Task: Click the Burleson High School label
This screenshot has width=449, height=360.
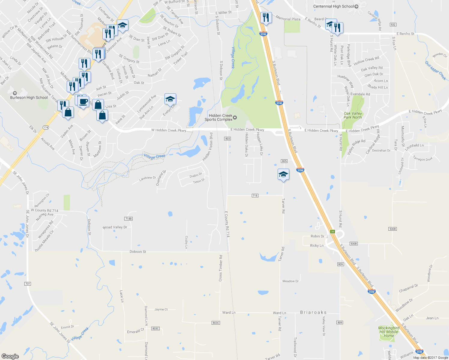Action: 29,97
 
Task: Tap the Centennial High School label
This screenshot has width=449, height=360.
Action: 333,6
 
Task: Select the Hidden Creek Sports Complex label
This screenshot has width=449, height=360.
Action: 218,118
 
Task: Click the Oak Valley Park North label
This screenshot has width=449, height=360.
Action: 353,115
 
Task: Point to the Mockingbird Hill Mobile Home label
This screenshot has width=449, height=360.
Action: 389,332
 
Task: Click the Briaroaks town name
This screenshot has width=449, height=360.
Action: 313,313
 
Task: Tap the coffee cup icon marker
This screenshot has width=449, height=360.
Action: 83,101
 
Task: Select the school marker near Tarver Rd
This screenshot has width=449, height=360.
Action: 283,174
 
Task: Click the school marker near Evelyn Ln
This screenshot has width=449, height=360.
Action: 170,99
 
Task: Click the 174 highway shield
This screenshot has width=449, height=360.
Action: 46,127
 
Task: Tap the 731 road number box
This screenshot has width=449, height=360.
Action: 28,284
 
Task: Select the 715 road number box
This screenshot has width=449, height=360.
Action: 255,196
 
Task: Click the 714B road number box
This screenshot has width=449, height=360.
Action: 128,219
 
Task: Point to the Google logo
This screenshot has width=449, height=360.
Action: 10,356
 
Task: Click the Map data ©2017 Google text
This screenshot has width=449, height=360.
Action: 430,358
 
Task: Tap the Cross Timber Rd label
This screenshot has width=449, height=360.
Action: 221,268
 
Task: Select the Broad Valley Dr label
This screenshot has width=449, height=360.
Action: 115,227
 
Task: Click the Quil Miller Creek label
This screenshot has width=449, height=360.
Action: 435,70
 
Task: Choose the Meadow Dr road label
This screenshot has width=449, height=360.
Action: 291,281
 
